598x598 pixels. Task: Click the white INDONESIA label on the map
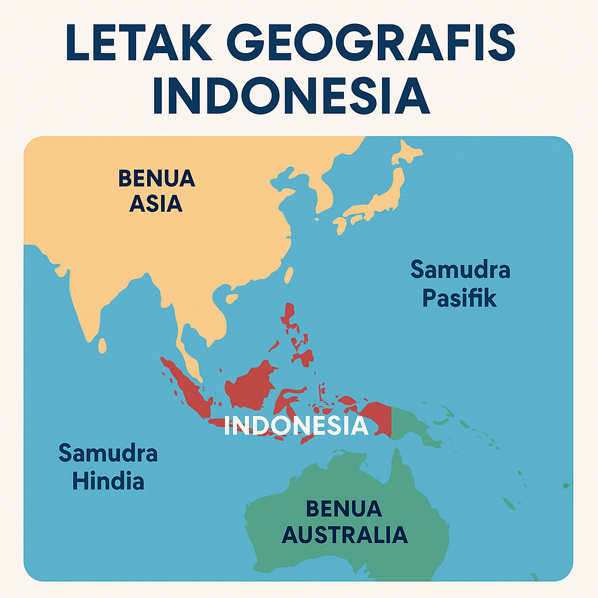point(296,426)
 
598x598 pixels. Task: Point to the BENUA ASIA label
point(157,190)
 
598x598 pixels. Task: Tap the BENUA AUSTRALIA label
point(344,521)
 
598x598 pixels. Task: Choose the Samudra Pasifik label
point(460,284)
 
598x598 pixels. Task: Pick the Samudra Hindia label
point(108,467)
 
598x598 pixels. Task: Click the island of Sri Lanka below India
point(102,346)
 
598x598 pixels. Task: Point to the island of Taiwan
point(288,275)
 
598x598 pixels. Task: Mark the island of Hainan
point(232,298)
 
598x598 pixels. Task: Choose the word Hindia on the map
point(108,482)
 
